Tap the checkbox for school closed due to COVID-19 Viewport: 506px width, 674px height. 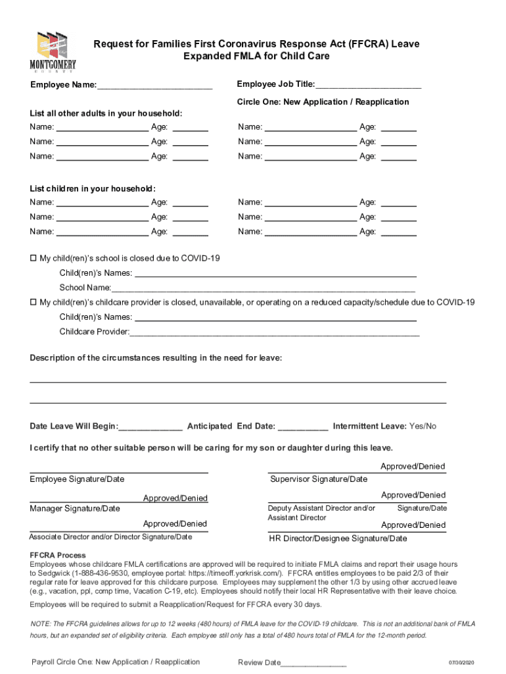coord(34,258)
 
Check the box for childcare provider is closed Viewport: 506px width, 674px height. coord(34,302)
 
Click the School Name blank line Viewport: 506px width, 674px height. coord(263,288)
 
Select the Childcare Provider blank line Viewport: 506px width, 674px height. coord(274,332)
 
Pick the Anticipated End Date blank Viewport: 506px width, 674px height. coord(303,427)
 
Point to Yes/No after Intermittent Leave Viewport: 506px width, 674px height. coord(423,427)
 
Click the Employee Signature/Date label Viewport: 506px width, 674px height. coord(77,479)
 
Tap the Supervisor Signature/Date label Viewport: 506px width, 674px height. coord(319,479)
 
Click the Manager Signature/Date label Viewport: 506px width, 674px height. coord(75,508)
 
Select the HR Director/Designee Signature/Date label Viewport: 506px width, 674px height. coord(338,538)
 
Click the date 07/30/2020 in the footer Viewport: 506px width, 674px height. coord(462,663)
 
